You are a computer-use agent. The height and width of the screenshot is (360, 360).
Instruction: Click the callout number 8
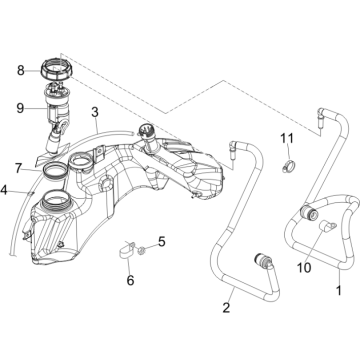pos(20,71)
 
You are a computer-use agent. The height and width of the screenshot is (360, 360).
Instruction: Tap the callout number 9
pos(20,106)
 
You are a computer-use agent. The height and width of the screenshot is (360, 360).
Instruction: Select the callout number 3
pos(93,112)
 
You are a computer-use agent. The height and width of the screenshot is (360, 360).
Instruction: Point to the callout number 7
pos(5,188)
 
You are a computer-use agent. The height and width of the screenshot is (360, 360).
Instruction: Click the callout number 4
pos(164,241)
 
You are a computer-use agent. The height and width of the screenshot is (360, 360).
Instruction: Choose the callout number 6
pos(20,167)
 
